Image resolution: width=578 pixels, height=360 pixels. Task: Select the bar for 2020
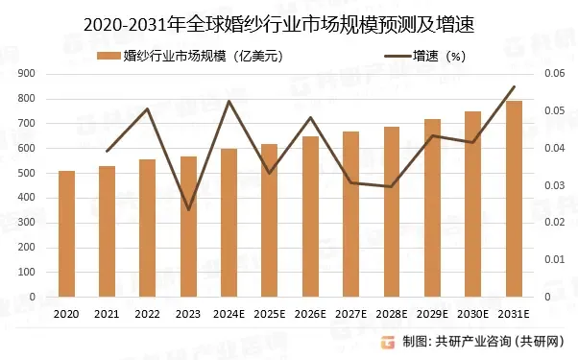pos(66,233)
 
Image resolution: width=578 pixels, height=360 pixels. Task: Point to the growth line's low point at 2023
pos(188,209)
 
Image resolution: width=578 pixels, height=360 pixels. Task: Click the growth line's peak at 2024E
pos(229,101)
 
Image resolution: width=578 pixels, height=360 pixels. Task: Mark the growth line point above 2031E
pos(514,87)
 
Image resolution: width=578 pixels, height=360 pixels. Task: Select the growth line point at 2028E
pos(392,186)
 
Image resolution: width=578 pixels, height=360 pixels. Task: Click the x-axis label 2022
pos(148,314)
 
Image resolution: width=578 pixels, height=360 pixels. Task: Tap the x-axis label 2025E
pos(270,314)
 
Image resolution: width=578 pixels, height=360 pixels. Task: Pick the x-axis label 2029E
pos(432,314)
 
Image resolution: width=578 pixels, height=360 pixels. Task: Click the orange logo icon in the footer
pos(387,342)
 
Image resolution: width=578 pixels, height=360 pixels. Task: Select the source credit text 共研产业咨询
pos(474,342)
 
